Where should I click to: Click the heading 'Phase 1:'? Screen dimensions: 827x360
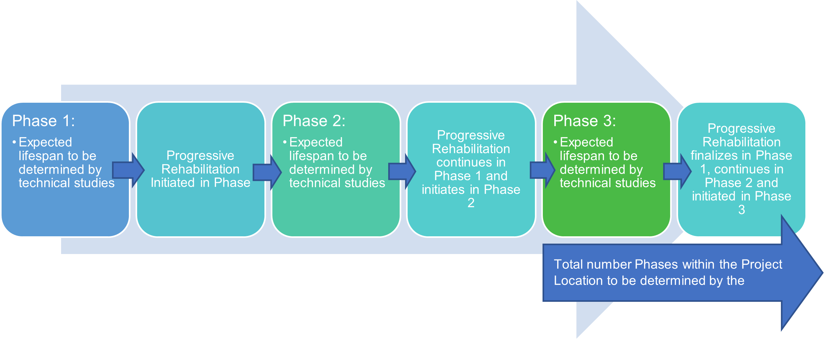point(43,121)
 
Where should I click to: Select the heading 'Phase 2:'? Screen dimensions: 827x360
point(314,121)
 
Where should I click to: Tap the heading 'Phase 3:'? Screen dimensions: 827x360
point(585,121)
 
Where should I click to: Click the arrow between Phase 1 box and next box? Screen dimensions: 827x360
point(129,170)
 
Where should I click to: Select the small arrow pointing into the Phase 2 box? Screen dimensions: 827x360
point(267,172)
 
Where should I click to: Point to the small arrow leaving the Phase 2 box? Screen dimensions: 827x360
point(402,171)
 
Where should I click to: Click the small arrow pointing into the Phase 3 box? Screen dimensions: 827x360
point(542,170)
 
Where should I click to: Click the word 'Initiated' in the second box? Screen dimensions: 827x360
point(173,183)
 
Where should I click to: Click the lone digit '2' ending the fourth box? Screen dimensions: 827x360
point(471,203)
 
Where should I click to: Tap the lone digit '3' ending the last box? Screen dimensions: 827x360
point(742,210)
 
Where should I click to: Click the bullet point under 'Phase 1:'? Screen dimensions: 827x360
point(14,142)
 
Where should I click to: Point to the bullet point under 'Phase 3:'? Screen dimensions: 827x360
point(555,142)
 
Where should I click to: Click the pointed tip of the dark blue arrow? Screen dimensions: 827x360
point(823,273)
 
